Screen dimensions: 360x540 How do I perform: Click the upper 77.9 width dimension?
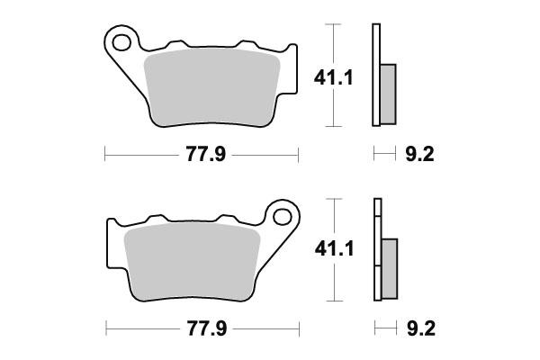click(x=202, y=156)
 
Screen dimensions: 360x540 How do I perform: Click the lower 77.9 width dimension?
click(x=202, y=327)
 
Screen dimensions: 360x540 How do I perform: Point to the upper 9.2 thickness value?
click(x=421, y=156)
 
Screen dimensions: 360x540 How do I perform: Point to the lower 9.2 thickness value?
click(x=421, y=327)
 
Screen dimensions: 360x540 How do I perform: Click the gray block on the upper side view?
click(x=388, y=94)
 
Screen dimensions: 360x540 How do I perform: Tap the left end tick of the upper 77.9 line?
click(x=105, y=156)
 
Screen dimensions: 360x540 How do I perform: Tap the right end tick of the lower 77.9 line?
click(x=298, y=327)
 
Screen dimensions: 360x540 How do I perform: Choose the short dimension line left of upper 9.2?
click(x=384, y=156)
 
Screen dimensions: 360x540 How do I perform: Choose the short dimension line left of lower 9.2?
click(x=384, y=327)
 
